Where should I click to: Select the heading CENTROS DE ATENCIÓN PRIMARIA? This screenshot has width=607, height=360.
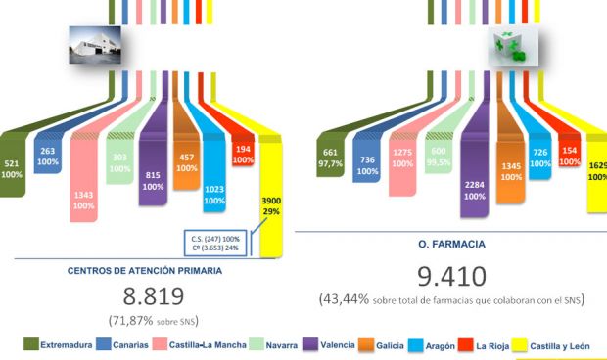[145, 270]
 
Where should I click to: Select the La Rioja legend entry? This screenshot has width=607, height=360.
[487, 345]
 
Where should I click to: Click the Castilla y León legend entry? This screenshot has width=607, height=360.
[560, 345]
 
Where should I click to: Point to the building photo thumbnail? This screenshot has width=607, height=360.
[93, 44]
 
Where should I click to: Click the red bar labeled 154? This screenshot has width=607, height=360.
[570, 157]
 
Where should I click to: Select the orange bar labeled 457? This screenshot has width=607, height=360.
[187, 161]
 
